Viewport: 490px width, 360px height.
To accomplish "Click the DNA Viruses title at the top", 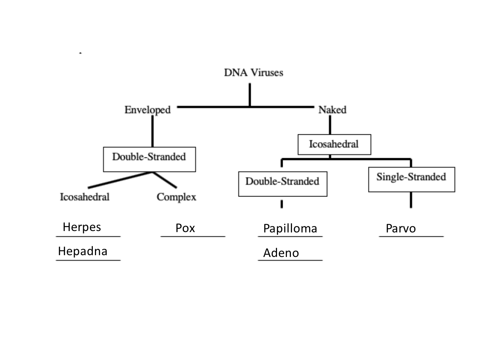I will (x=253, y=72).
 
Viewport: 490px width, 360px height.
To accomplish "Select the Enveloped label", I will (x=147, y=110).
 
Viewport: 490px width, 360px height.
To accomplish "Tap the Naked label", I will (x=332, y=110).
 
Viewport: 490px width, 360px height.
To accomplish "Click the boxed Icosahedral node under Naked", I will (x=334, y=144).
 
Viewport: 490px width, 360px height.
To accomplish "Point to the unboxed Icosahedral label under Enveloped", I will (x=84, y=197).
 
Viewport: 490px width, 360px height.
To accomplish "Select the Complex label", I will (x=176, y=197).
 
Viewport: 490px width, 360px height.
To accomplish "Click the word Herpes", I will (x=82, y=227).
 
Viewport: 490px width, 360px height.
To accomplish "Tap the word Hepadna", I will (x=82, y=251).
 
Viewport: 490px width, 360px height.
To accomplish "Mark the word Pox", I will (x=185, y=228).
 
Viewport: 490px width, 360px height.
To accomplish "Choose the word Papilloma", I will (x=290, y=229).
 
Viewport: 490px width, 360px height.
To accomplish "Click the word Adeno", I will (x=281, y=253).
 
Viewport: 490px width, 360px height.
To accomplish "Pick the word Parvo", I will (x=400, y=229).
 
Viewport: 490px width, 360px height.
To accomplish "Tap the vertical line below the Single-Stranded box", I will (x=411, y=200).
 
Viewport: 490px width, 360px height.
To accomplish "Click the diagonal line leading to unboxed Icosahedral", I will (x=121, y=180).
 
